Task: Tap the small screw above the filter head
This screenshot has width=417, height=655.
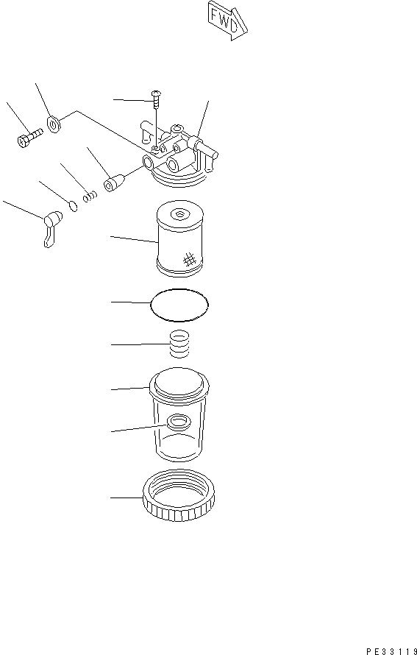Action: pos(156,94)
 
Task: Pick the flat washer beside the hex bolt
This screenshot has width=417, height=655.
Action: pos(54,124)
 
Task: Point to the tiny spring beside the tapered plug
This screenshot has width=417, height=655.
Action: pos(90,197)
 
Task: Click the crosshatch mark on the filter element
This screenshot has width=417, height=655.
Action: pos(189,258)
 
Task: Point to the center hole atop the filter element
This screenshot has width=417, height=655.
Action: pos(179,215)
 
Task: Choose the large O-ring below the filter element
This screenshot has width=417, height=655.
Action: pos(179,304)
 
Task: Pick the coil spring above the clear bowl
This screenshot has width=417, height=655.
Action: pos(179,344)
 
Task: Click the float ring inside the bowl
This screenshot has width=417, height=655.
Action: pos(178,422)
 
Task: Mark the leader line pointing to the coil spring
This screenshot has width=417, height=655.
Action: pos(136,344)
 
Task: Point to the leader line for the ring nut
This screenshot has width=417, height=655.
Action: pos(125,498)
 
